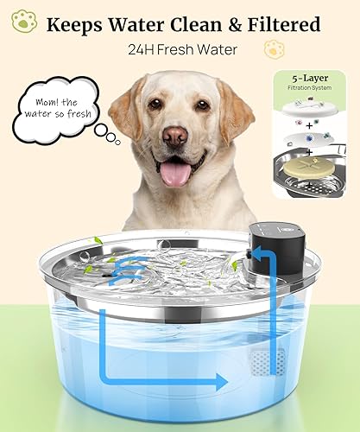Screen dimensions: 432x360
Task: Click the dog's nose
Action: point(178,137)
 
